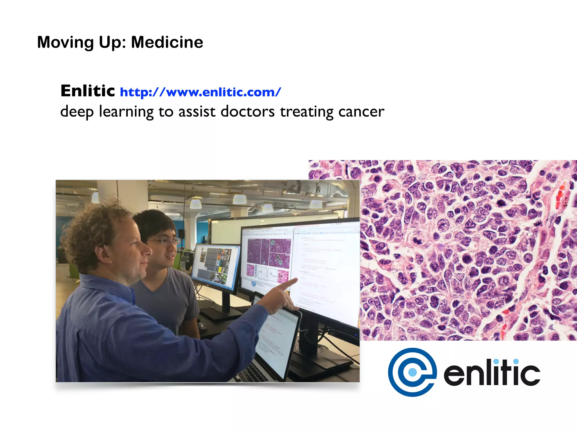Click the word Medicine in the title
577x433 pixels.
167,42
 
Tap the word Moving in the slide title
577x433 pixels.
65,42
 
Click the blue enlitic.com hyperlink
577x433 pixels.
200,92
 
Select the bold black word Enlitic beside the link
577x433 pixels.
88,91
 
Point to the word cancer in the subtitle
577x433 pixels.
361,112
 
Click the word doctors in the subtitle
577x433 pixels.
247,112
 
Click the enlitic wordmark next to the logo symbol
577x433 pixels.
492,373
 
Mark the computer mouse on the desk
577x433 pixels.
202,327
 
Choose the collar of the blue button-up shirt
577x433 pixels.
113,285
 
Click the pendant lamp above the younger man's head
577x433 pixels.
196,204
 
